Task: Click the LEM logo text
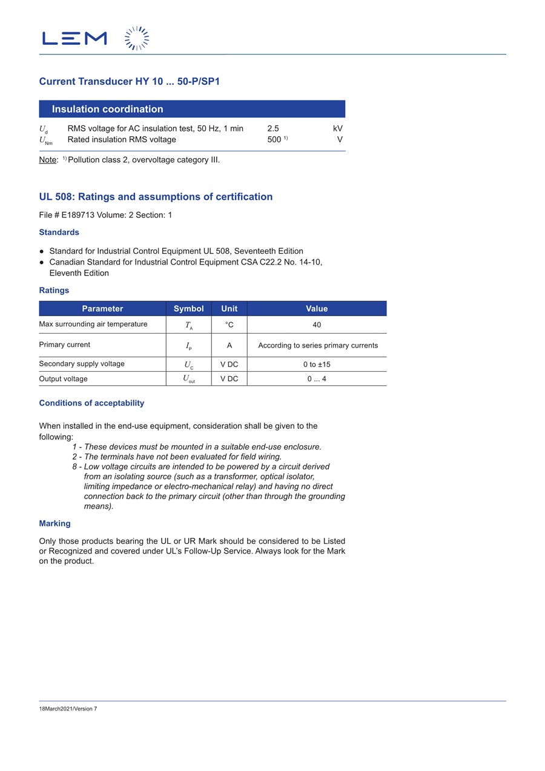pos(74,39)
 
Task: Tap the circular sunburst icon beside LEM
pos(137,38)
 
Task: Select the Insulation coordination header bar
pos(192,109)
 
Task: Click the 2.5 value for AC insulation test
pos(273,128)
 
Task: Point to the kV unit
pos(337,128)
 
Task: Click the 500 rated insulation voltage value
pos(274,140)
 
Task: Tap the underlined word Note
pos(48,160)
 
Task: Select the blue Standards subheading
pos(59,233)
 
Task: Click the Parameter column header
pos(102,309)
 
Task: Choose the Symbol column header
pos(188,309)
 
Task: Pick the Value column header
pos(317,309)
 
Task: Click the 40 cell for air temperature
pos(317,325)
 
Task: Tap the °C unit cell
pos(229,325)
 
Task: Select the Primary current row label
pos(65,345)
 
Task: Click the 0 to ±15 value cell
pos(317,365)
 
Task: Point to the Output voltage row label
pos(64,379)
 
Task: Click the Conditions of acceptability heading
pos(91,403)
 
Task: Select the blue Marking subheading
pos(54,523)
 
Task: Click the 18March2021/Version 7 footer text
pos(68,709)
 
